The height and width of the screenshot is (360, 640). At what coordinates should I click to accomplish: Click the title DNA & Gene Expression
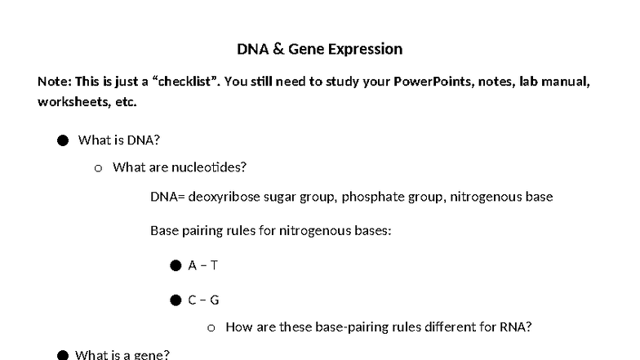[319, 49]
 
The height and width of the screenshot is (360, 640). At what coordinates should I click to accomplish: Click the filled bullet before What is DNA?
[63, 140]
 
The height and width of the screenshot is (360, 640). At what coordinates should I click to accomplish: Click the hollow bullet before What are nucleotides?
[98, 168]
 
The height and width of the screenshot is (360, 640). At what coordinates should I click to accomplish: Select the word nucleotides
[209, 167]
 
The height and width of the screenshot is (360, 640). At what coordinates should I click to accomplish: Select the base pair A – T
[203, 265]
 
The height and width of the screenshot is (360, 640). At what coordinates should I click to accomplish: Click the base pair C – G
[203, 300]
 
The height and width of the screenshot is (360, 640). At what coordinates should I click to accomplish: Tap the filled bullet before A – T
[176, 266]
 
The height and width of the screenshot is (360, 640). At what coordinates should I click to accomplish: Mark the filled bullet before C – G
[176, 300]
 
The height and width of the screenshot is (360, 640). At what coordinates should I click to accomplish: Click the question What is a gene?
[122, 355]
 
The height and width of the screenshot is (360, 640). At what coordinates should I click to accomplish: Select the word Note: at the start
[54, 82]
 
